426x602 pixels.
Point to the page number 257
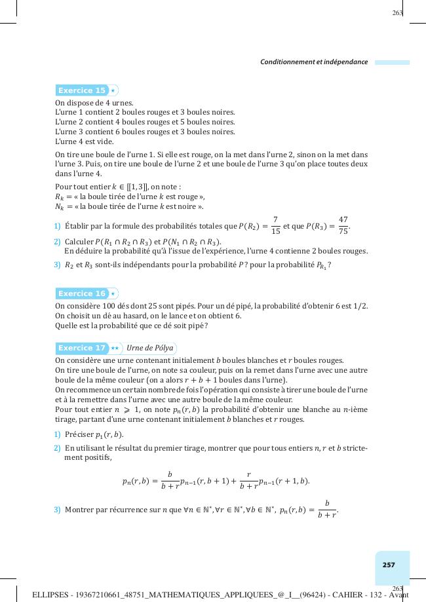point(389,565)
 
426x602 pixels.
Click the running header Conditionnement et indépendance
point(314,62)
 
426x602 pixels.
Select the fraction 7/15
point(276,226)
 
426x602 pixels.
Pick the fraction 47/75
point(343,226)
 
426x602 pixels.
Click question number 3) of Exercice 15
point(58,265)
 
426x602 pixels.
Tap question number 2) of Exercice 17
point(58,448)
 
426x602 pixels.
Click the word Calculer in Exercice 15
point(79,242)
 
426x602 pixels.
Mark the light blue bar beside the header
point(392,63)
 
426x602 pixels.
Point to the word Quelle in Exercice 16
point(66,326)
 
